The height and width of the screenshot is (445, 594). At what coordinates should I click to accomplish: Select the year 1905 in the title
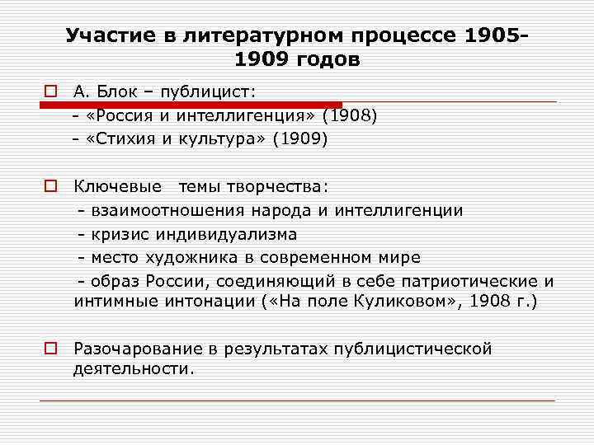493,36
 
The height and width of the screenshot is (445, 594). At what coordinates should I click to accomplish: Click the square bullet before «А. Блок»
50,91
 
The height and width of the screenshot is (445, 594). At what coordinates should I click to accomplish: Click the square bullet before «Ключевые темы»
50,186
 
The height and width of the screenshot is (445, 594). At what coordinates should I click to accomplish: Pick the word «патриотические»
464,282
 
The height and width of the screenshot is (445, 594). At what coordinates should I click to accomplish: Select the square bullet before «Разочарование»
50,349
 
